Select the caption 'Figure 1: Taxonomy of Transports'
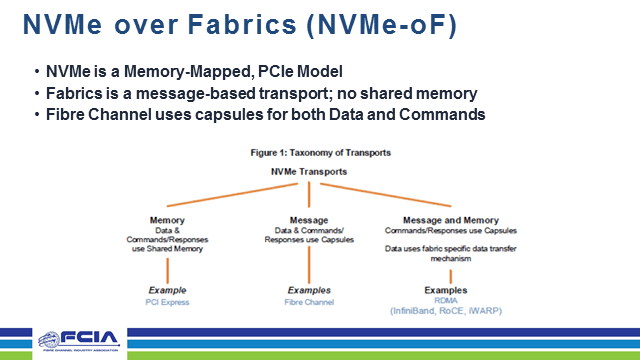(x=320, y=152)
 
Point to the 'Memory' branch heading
(x=167, y=220)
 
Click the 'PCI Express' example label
(x=166, y=300)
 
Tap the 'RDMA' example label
(x=447, y=300)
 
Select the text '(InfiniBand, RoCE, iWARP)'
(x=447, y=311)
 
